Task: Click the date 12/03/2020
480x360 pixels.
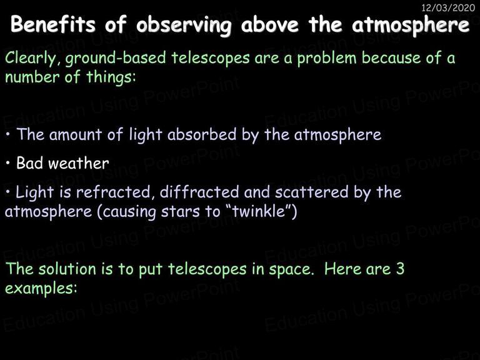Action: point(448,7)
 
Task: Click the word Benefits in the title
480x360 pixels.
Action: point(53,24)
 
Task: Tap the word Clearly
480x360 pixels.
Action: point(31,58)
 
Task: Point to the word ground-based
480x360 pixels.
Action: point(116,58)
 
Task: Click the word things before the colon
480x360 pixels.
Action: point(109,77)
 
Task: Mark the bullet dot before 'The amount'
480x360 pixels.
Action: point(8,135)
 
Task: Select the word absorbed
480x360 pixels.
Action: point(202,134)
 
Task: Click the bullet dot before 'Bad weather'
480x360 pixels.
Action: point(8,164)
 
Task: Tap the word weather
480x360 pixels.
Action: point(78,163)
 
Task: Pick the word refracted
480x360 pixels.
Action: point(113,192)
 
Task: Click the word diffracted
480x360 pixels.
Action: point(199,192)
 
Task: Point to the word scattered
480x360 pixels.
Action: point(312,192)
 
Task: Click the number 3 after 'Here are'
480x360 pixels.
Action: point(401,269)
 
